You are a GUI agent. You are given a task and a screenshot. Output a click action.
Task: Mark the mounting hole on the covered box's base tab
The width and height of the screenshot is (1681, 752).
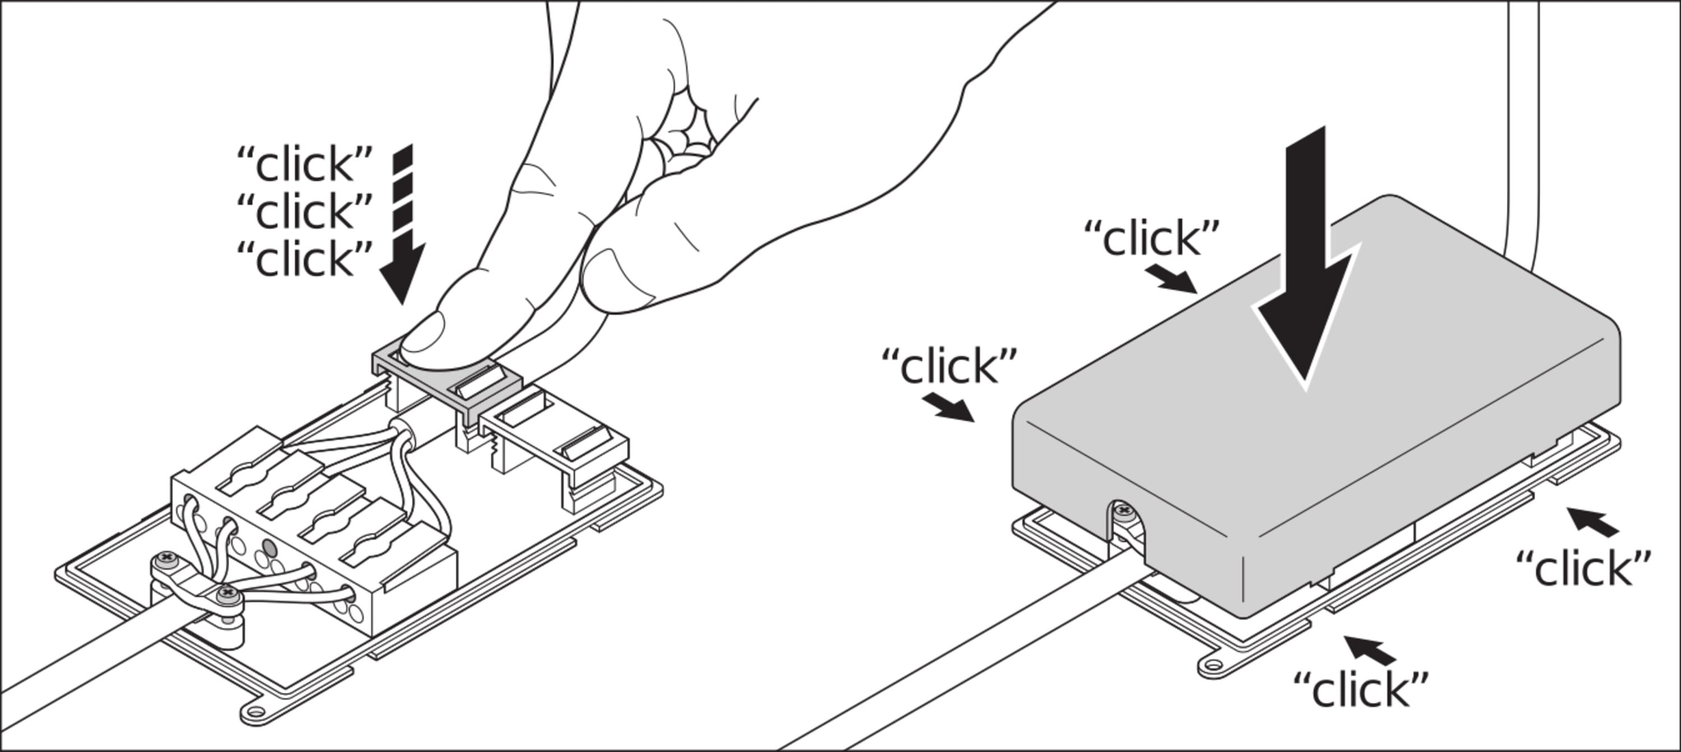pyautogui.click(x=1213, y=666)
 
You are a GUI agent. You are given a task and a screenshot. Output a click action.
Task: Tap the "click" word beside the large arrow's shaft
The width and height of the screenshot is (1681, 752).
pyautogui.click(x=1152, y=238)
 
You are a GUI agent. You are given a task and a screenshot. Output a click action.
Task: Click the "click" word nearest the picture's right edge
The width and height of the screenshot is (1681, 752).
pyautogui.click(x=1583, y=568)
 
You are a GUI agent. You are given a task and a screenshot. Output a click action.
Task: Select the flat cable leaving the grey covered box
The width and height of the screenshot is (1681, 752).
pyautogui.click(x=979, y=660)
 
